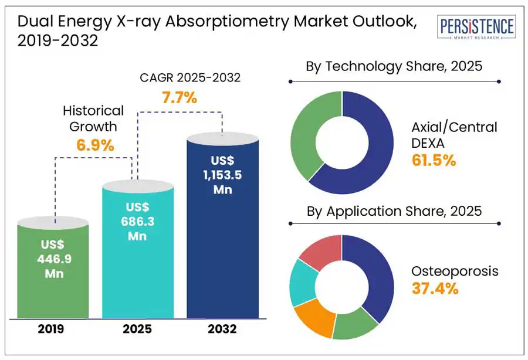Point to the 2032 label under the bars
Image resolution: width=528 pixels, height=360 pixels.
coord(222,329)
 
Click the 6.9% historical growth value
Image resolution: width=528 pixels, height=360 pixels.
coord(94,145)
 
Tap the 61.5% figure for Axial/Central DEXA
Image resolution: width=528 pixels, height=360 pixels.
coord(434,160)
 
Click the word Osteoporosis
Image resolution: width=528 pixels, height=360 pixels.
coord(455,271)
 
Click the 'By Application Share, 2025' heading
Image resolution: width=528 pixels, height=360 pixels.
coord(394,211)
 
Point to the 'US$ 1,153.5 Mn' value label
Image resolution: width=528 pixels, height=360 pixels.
coord(223,175)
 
